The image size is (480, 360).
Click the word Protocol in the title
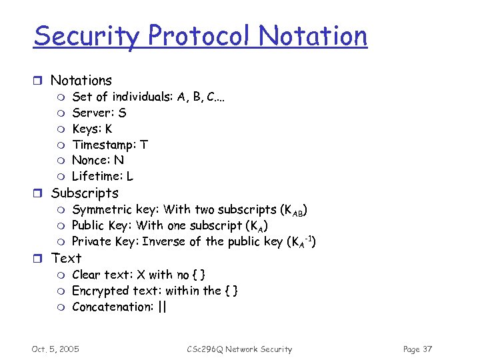click(x=188, y=37)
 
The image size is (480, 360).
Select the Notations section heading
click(x=81, y=81)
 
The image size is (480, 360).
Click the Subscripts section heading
click(x=85, y=193)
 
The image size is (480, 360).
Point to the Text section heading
click(x=66, y=258)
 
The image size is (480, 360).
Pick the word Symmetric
click(x=101, y=210)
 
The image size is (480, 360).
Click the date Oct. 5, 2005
click(x=55, y=349)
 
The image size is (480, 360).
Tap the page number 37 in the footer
click(x=427, y=349)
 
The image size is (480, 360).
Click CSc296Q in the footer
click(x=205, y=349)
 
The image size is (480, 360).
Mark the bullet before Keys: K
click(x=59, y=129)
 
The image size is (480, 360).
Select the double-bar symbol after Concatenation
click(x=163, y=307)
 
